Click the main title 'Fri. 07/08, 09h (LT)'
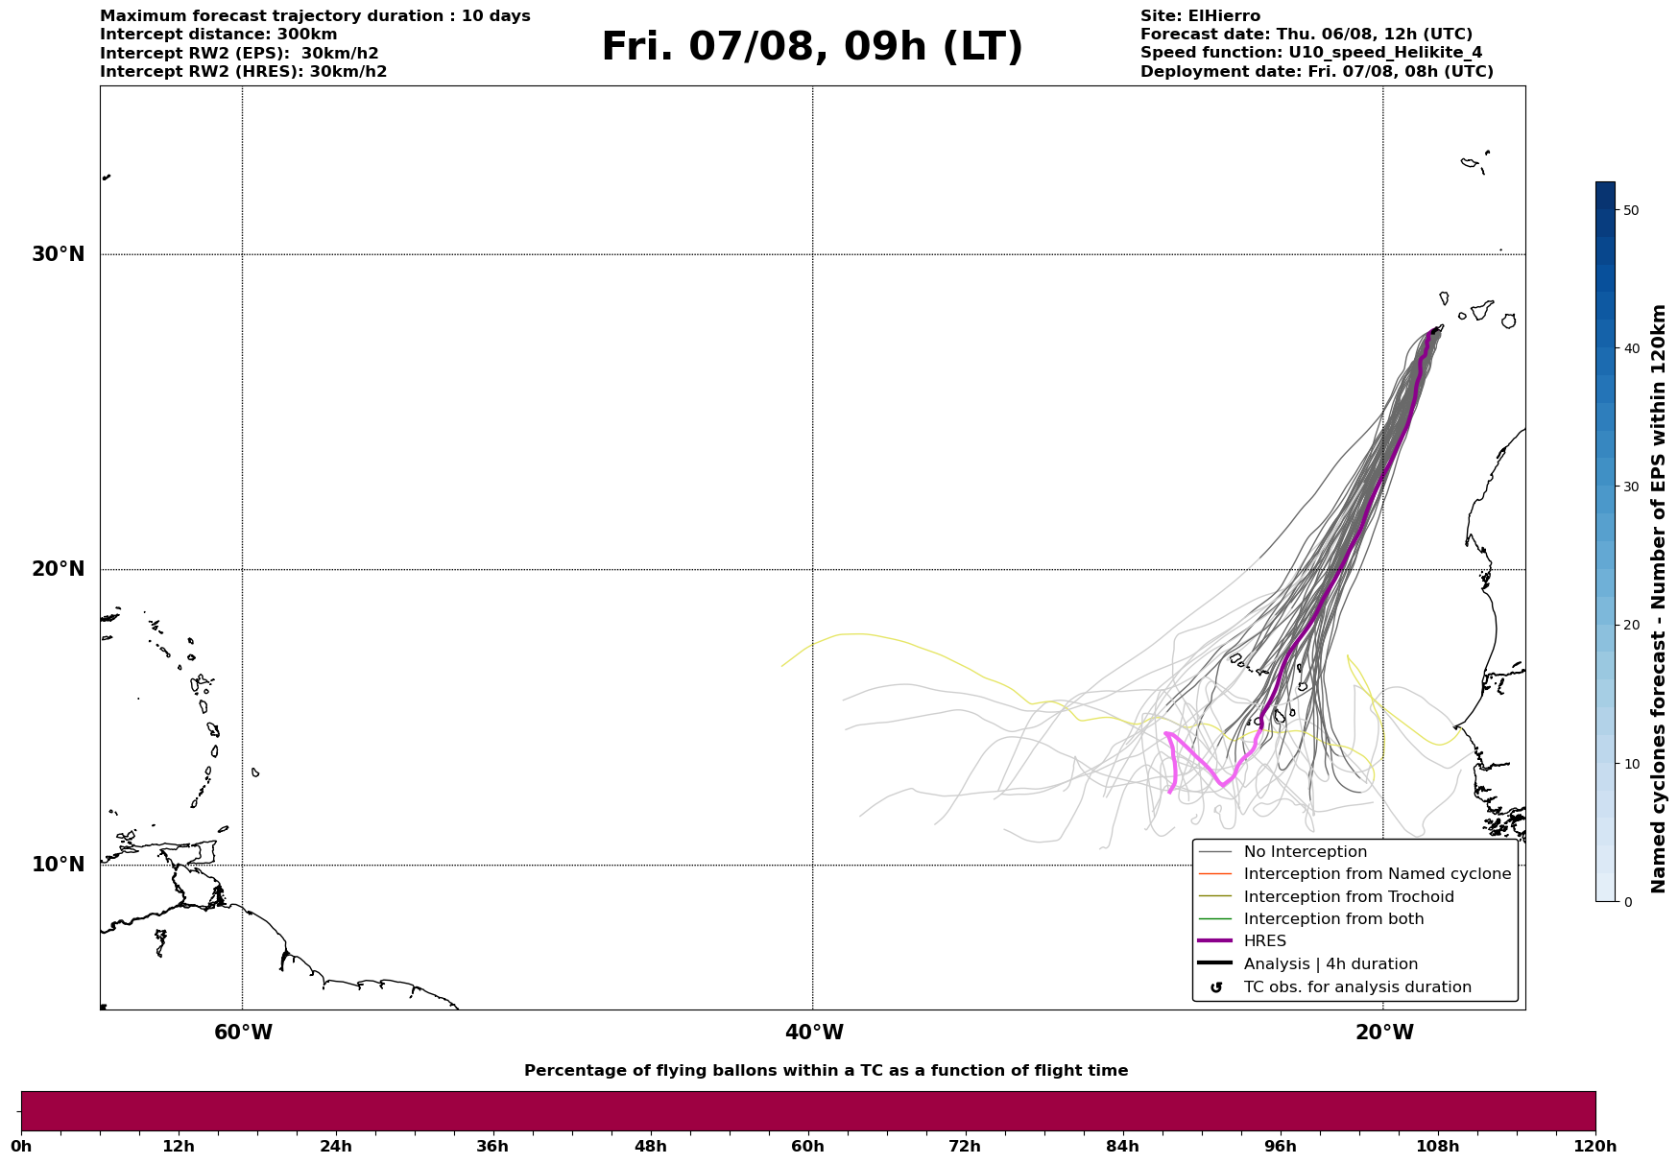[x=812, y=47]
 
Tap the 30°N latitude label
[x=59, y=254]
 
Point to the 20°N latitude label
[x=59, y=569]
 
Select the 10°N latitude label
[x=59, y=865]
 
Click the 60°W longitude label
[x=243, y=1033]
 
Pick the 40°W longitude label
[x=814, y=1033]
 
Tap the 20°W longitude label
[x=1384, y=1033]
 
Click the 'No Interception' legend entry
[x=1306, y=852]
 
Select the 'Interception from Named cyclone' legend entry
[x=1378, y=874]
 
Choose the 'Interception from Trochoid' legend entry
[x=1349, y=897]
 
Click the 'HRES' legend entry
[x=1265, y=941]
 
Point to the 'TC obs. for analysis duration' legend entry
[x=1357, y=987]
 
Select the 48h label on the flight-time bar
[x=651, y=1146]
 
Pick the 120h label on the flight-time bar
[x=1595, y=1146]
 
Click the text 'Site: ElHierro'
[x=1200, y=16]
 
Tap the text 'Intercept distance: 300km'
[x=219, y=35]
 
